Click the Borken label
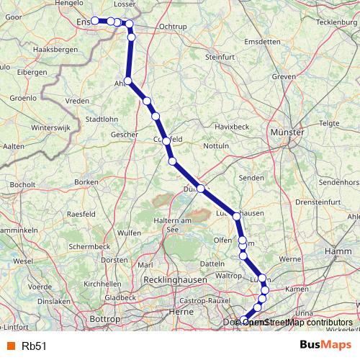tap(86, 183)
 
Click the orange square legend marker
tap(9, 346)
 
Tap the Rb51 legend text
tap(35, 346)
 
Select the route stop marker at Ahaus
tap(128, 81)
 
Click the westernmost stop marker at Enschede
tap(96, 21)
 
